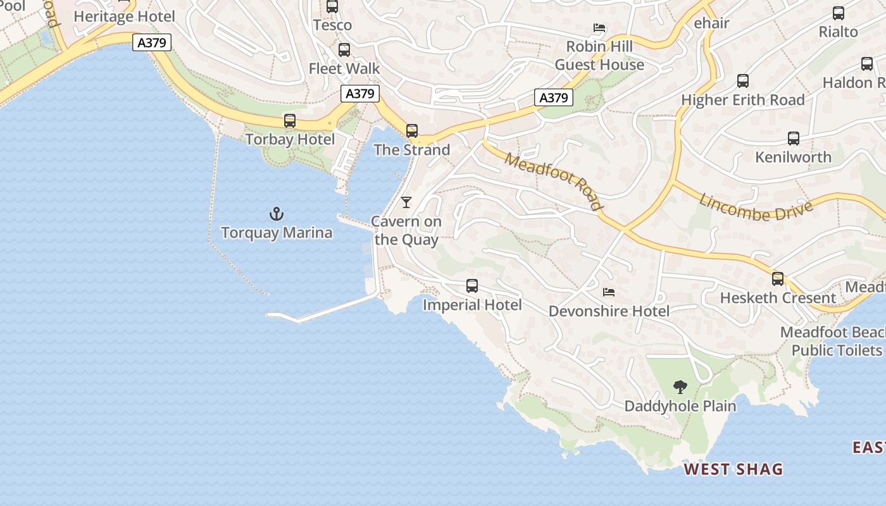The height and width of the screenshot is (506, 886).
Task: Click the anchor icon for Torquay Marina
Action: (277, 214)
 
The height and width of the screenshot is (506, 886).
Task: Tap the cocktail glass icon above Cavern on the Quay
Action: (406, 202)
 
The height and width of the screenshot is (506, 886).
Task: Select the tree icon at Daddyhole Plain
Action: (680, 386)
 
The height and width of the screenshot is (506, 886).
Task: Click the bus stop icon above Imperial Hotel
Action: (472, 286)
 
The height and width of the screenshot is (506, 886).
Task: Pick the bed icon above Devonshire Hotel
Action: (609, 292)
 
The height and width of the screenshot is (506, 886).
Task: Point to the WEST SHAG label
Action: (733, 469)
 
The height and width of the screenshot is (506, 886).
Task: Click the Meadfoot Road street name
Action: (554, 180)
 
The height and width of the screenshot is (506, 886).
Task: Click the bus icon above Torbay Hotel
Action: (290, 120)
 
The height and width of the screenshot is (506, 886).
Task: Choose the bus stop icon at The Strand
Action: (412, 131)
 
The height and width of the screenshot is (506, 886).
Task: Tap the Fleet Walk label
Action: (344, 68)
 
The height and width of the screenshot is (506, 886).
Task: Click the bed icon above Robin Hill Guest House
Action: (599, 28)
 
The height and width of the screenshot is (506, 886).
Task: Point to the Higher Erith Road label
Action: (742, 100)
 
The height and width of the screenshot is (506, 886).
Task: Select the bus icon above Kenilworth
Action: (794, 138)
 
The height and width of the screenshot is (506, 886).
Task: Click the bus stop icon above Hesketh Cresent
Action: (778, 279)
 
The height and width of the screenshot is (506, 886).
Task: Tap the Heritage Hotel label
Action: (124, 16)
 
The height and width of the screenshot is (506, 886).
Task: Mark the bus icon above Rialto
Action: (839, 13)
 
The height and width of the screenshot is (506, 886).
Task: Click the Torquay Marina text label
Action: (277, 233)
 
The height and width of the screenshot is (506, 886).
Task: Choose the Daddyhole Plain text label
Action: (680, 406)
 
